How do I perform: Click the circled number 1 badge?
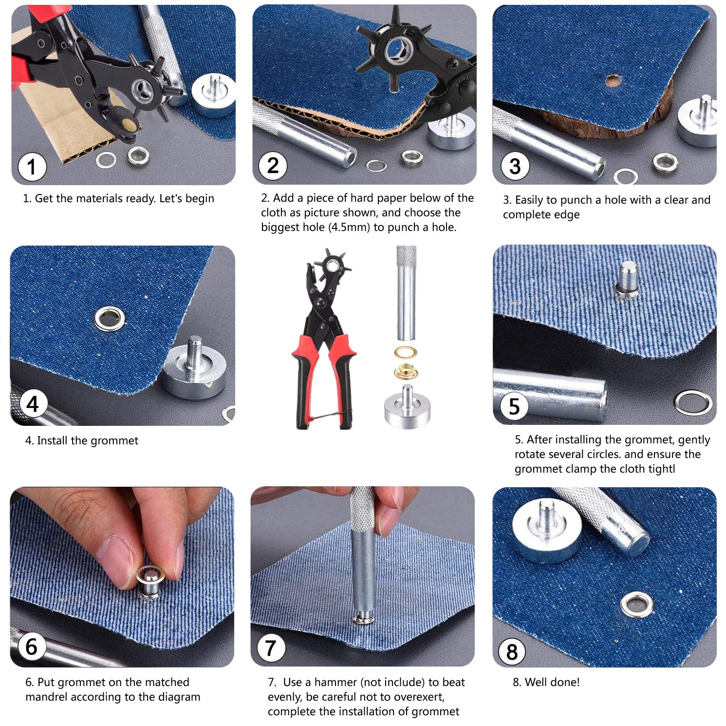click(32, 167)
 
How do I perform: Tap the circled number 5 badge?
click(514, 407)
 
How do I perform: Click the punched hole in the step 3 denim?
click(613, 80)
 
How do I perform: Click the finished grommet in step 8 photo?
click(637, 605)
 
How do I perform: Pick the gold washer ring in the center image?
click(407, 352)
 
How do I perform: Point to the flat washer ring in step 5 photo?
click(693, 402)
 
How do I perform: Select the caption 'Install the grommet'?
click(87, 440)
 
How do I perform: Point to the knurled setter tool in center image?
click(407, 292)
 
